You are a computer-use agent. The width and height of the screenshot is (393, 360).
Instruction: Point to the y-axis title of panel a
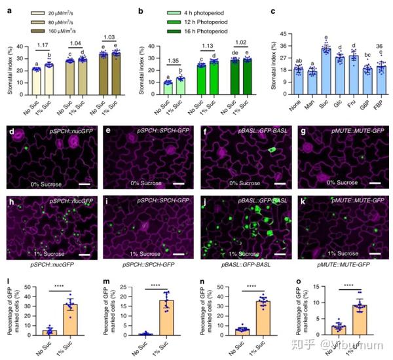pos(9,65)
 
